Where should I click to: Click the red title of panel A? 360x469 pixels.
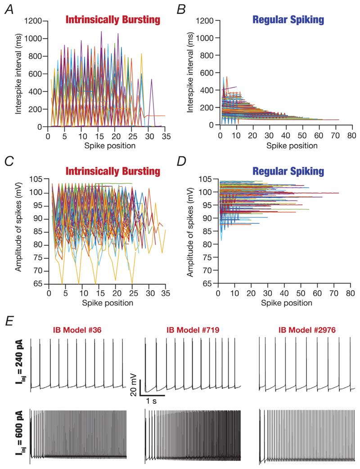(x=112, y=20)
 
